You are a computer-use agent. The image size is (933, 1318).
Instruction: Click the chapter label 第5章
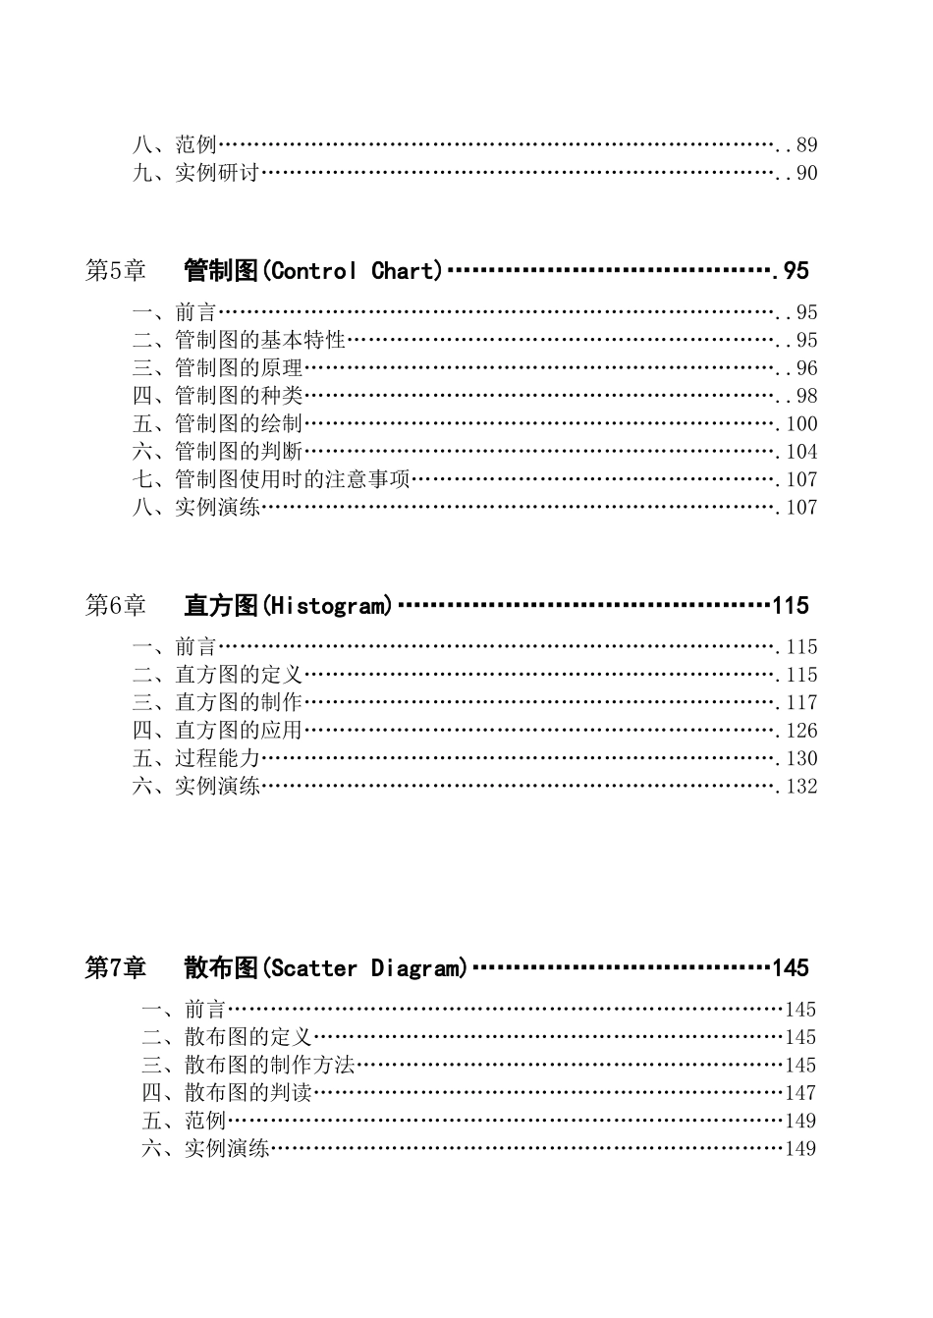(115, 271)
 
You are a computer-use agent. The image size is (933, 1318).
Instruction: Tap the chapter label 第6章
(115, 606)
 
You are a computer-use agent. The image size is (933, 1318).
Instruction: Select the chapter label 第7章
(115, 968)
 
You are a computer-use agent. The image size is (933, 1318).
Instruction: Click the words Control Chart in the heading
(356, 271)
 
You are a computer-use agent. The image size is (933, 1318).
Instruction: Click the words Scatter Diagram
(364, 968)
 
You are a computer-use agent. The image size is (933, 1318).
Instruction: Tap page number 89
(806, 145)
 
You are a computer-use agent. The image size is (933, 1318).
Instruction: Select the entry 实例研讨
(217, 173)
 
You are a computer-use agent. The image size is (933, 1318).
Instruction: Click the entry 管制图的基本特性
(260, 340)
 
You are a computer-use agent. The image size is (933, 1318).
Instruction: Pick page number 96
(806, 368)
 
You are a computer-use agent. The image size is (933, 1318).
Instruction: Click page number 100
(801, 424)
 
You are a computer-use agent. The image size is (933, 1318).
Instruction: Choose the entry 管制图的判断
(239, 452)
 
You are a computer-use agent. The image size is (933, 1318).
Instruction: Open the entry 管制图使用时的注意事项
(292, 479)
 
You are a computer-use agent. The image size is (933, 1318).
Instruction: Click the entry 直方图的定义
(239, 675)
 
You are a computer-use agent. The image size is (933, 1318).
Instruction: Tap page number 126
(801, 731)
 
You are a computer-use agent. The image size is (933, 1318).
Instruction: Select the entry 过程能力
(217, 758)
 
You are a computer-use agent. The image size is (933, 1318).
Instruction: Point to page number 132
(801, 787)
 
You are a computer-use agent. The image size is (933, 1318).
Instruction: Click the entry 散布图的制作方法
(269, 1065)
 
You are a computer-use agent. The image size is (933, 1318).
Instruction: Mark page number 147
(800, 1093)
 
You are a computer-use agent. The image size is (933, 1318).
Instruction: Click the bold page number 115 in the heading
(791, 606)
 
